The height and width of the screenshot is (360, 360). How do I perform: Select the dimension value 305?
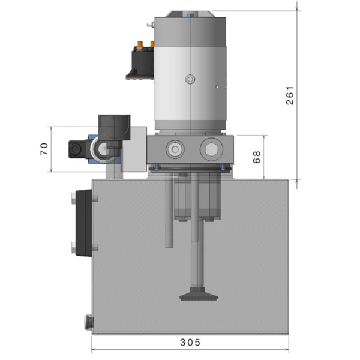[190, 343]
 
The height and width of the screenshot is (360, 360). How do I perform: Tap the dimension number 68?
[257, 157]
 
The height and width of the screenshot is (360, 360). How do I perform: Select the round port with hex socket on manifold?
[175, 149]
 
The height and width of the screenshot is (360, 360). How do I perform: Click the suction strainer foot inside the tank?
[199, 295]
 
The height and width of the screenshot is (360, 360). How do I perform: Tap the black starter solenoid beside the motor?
[140, 62]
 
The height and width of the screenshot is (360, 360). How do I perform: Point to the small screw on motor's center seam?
[190, 79]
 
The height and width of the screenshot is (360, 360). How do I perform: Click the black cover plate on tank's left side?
[82, 223]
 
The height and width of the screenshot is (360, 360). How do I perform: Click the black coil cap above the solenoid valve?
[114, 127]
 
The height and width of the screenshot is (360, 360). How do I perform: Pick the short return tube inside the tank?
[170, 216]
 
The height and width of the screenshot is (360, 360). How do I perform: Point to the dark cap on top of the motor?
[189, 14]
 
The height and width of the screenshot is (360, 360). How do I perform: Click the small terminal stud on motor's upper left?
[151, 25]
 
